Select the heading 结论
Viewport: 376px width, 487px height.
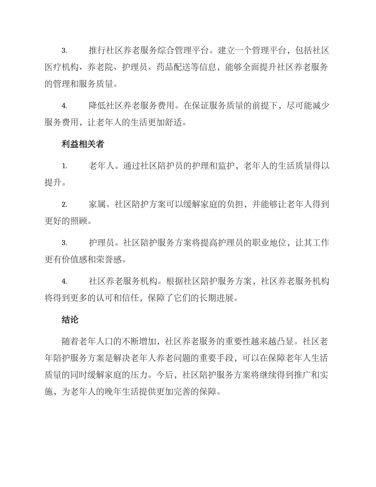(x=70, y=320)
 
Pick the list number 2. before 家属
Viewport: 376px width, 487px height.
(x=64, y=205)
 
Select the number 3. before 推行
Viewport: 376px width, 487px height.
(x=64, y=51)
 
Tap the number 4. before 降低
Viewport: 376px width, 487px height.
(x=64, y=106)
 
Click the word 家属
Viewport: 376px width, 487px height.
(x=97, y=205)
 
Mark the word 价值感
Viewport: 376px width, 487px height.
(x=75, y=260)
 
